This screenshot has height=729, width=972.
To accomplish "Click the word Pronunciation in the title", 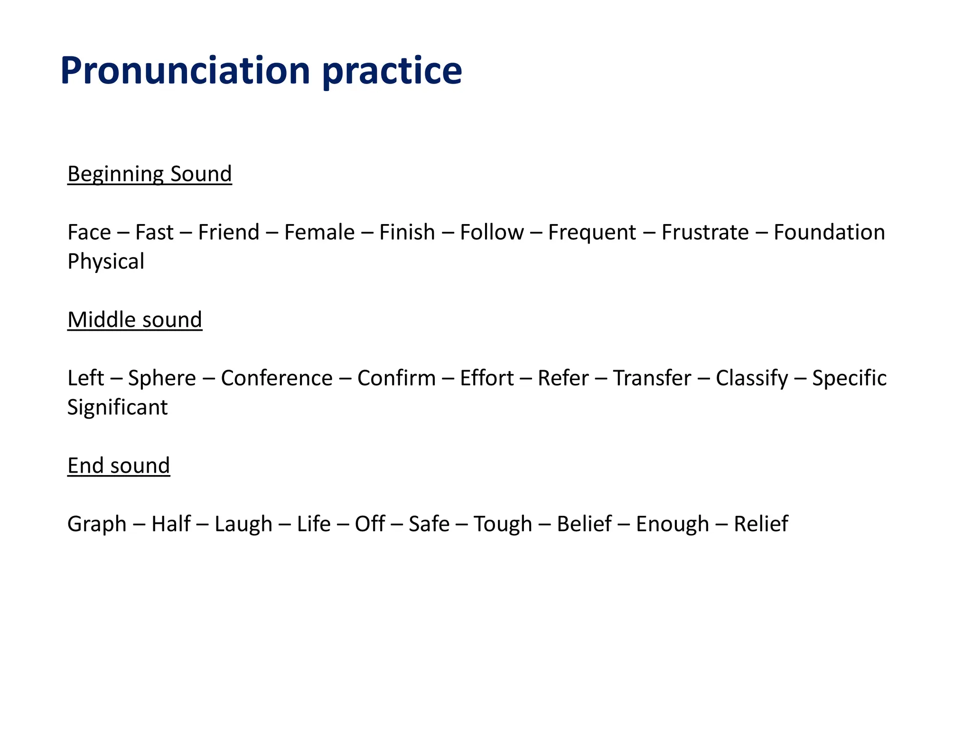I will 185,71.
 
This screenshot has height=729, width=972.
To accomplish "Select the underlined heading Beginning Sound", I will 150,174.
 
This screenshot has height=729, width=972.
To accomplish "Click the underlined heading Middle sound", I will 135,320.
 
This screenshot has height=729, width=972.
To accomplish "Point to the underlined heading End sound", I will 119,466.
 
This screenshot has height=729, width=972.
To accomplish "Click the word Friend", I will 229,233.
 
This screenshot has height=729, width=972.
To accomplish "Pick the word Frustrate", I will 705,233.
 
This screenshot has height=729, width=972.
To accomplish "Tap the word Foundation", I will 829,233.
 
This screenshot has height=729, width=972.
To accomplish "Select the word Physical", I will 106,262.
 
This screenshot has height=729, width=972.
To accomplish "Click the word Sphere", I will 162,378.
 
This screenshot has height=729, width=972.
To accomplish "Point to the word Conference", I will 277,378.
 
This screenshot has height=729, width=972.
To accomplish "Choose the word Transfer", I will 652,378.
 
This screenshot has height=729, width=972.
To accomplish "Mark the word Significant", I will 117,408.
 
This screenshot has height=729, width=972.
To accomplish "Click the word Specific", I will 849,378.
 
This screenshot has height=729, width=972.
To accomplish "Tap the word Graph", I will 97,524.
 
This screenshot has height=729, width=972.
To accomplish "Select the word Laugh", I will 243,524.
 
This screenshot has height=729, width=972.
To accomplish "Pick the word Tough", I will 503,524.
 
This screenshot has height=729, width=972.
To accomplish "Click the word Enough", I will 672,524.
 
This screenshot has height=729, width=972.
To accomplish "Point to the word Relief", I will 761,524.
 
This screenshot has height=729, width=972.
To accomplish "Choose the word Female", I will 319,233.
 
